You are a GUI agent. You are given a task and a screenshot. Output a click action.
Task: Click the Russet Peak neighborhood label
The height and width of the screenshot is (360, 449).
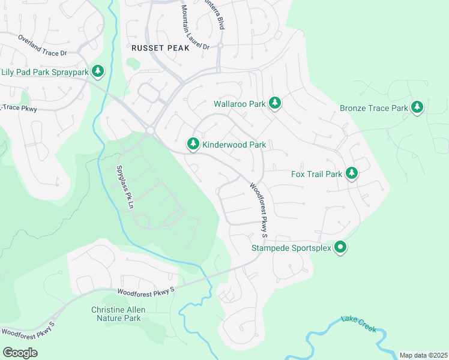[160, 47]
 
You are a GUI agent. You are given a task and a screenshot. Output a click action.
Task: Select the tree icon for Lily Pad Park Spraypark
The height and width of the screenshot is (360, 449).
[98, 72]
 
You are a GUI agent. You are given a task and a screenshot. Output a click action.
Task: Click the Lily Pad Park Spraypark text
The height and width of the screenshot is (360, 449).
[45, 73]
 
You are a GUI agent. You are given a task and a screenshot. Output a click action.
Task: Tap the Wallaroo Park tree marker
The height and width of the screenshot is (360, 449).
[275, 103]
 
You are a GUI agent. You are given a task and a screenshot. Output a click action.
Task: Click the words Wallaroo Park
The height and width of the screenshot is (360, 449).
[240, 104]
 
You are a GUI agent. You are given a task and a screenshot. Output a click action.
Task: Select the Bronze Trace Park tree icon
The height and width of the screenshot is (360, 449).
[417, 108]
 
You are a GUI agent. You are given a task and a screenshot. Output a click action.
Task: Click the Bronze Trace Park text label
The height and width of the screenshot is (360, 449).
[373, 109]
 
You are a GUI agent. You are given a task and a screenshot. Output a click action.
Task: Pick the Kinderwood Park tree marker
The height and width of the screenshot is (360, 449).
[193, 144]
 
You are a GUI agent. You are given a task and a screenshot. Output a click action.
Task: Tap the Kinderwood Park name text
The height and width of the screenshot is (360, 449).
[234, 145]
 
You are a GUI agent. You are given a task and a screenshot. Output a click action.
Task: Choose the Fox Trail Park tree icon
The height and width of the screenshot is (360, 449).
[351, 173]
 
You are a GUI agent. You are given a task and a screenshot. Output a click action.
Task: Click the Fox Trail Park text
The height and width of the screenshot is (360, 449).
[316, 174]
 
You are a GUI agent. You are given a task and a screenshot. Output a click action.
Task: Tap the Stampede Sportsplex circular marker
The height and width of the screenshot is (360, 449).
[340, 247]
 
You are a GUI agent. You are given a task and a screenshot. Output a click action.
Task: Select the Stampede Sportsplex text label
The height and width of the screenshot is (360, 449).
[291, 248]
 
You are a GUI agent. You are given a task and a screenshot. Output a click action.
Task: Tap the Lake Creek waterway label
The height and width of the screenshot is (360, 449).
[358, 325]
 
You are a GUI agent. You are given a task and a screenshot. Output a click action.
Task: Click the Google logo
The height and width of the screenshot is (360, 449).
[20, 353]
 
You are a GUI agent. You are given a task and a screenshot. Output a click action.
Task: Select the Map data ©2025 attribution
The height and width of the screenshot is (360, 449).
[423, 355]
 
